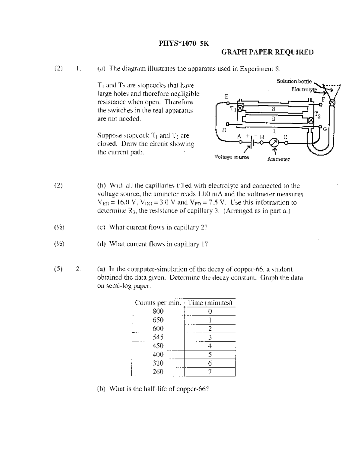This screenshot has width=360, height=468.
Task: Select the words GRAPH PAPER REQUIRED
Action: [x=267, y=52]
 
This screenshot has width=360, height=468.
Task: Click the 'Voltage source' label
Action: [x=232, y=157]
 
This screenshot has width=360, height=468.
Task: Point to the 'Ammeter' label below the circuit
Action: [x=279, y=159]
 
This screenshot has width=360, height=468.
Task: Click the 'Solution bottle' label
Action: [x=294, y=81]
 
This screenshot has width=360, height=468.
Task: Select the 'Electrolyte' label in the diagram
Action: [x=304, y=89]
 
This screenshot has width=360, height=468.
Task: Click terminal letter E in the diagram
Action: [x=227, y=97]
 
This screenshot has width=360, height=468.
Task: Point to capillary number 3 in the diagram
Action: [x=273, y=109]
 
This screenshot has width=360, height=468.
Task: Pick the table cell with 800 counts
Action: [x=158, y=311]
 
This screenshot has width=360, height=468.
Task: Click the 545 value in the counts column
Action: [x=158, y=337]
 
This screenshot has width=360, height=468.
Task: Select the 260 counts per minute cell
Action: [x=158, y=372]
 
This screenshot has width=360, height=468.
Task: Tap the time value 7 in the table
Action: [x=210, y=372]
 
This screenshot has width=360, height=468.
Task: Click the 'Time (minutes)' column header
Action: [x=210, y=303]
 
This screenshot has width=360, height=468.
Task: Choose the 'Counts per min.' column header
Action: [x=158, y=303]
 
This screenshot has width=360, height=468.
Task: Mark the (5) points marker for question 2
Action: [x=58, y=269]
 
